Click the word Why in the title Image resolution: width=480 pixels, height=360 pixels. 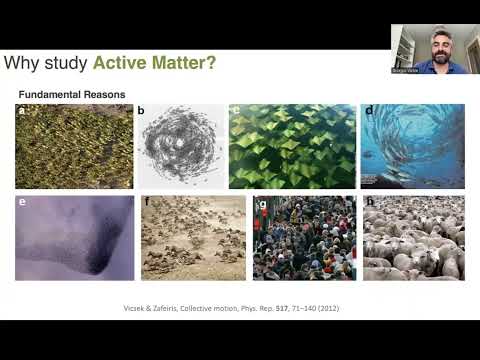tap(22, 64)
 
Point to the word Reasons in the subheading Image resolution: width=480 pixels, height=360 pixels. tap(107, 94)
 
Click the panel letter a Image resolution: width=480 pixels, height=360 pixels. tap(21, 110)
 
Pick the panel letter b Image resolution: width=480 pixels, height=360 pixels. tap(141, 110)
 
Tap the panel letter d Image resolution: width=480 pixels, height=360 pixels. tap(368, 110)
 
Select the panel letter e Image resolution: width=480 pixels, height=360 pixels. tap(21, 201)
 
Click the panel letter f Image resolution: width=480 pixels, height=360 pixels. tap(146, 201)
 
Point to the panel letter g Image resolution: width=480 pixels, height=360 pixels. tap(261, 202)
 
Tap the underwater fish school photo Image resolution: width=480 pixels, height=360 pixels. tap(412, 146)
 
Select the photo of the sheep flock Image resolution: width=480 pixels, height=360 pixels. tap(412, 238)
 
